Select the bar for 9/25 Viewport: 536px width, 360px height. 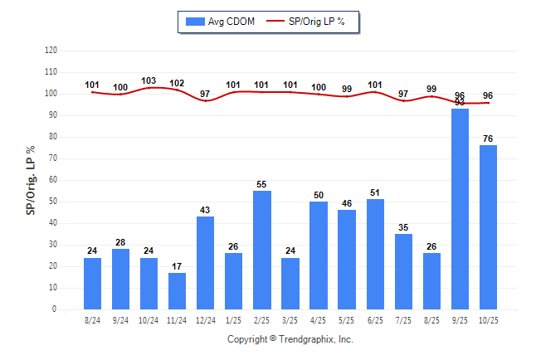[460, 209]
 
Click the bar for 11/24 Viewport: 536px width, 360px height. [177, 291]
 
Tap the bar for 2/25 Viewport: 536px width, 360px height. [262, 250]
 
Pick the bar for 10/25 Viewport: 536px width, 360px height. [488, 227]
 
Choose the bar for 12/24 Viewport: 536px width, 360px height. [206, 263]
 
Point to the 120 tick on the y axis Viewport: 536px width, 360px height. [51, 51]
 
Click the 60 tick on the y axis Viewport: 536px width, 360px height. [52, 180]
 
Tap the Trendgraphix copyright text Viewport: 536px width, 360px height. [290, 339]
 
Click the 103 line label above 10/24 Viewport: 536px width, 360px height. [149, 81]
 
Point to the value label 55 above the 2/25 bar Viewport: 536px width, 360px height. [262, 184]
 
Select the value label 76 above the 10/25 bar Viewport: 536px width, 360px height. [488, 139]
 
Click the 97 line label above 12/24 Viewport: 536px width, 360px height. [206, 94]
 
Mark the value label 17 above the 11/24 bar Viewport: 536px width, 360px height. [177, 266]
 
